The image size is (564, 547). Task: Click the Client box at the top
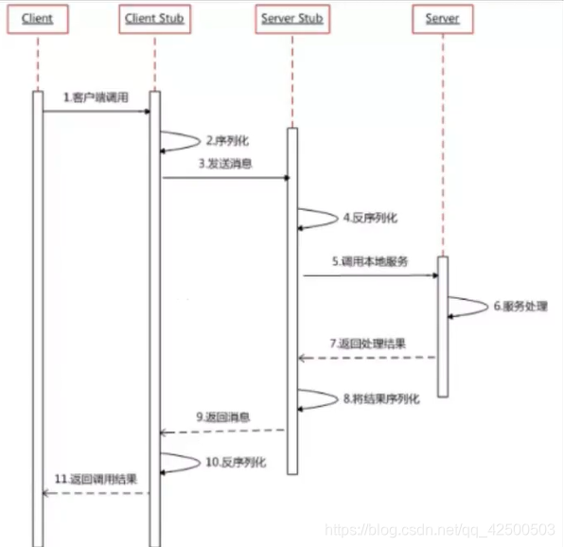tap(38, 19)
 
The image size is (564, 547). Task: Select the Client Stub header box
tap(154, 19)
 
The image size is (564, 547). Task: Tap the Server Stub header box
tap(292, 19)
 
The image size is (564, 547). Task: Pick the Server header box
tap(443, 19)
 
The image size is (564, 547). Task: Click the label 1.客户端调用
tap(96, 97)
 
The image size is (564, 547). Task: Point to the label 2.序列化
tap(227, 141)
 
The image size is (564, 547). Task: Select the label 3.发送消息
tap(225, 164)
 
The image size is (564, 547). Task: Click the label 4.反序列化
tap(371, 218)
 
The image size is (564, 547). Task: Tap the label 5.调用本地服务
tap(370, 261)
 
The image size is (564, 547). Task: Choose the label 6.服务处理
tap(520, 306)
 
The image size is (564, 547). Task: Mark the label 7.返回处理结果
tap(367, 344)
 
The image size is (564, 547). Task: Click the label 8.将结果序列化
tap(381, 398)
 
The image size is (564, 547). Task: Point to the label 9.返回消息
tap(223, 417)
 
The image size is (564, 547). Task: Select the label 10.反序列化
tap(236, 462)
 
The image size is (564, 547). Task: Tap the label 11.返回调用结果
tap(96, 479)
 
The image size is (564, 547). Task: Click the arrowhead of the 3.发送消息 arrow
tap(287, 178)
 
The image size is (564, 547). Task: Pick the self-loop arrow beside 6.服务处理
tap(487, 307)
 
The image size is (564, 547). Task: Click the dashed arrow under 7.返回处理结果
tap(367, 358)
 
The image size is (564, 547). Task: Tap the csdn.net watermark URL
tap(440, 530)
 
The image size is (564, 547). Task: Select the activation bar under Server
tap(443, 326)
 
